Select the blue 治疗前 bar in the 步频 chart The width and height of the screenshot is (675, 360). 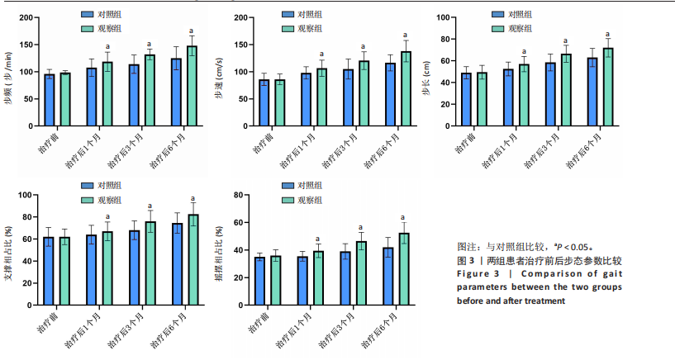[50, 101]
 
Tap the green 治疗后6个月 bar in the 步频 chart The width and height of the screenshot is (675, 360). [192, 86]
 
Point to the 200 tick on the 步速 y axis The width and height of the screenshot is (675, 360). [241, 17]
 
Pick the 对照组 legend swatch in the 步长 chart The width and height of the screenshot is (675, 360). [497, 15]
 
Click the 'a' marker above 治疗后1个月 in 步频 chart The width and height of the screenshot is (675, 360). [107, 46]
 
